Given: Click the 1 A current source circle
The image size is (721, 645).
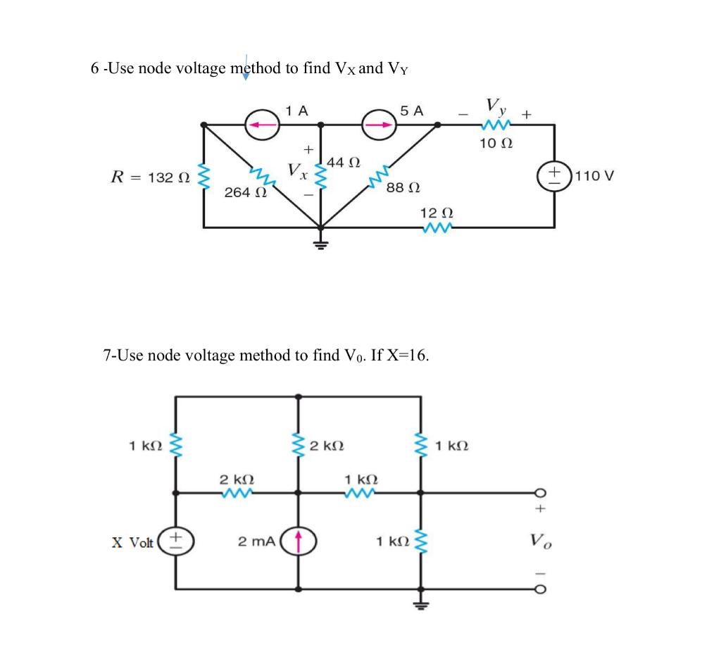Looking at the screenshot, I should [x=263, y=125].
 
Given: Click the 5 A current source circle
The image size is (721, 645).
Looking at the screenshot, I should [x=380, y=125].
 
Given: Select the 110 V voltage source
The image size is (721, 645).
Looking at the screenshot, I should [x=555, y=175].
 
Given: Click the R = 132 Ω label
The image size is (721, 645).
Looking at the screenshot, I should [x=150, y=177].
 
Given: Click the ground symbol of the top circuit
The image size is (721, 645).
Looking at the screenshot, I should [x=320, y=244].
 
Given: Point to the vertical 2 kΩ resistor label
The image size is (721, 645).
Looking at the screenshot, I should [x=327, y=446].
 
